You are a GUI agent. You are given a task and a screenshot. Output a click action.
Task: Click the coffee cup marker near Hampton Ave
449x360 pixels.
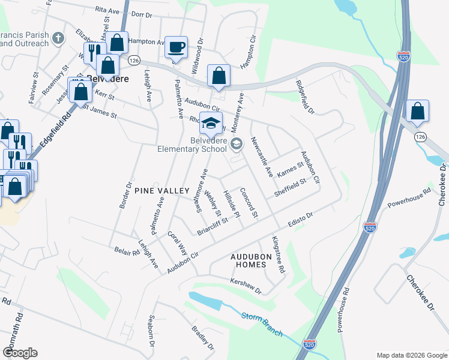pos(176,47)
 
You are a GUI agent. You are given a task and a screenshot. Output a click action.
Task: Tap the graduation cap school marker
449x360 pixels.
pos(211,123)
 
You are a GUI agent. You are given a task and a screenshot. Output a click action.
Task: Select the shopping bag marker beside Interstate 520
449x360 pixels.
pos(417,111)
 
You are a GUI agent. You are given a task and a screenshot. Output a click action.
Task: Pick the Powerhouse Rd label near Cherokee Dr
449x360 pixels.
pos(409,199)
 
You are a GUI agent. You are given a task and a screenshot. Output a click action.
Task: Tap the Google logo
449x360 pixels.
pos(20,353)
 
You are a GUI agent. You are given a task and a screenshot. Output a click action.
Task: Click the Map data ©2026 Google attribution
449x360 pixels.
pos(412,355)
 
